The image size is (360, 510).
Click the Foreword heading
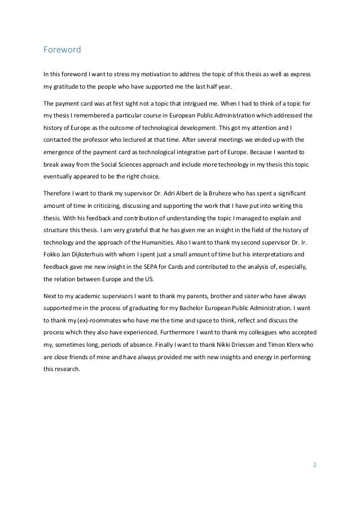pos(62,50)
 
